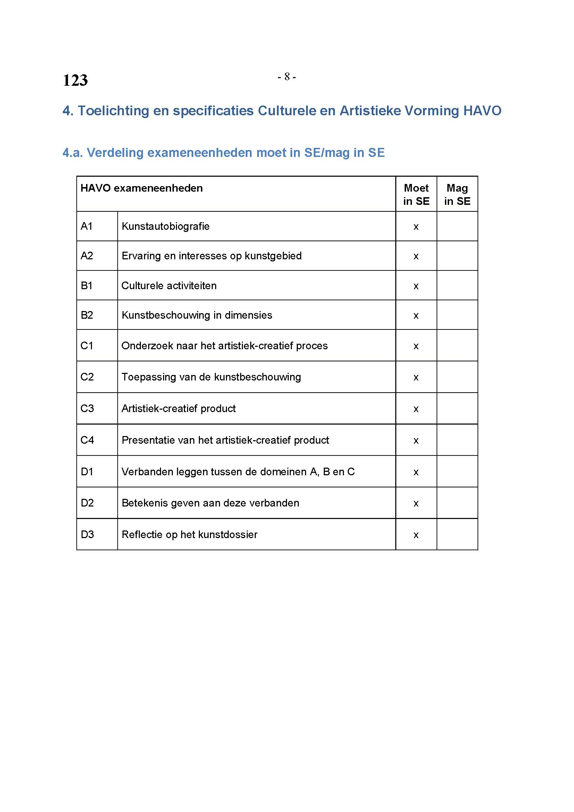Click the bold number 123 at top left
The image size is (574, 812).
(75, 80)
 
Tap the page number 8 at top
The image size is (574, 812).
(287, 76)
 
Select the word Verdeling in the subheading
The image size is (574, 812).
(115, 152)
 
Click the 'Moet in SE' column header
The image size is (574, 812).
(416, 194)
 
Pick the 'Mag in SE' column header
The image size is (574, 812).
(457, 194)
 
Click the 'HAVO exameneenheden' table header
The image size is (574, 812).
(141, 188)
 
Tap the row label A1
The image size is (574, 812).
(87, 226)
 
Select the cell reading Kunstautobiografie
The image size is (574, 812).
(166, 226)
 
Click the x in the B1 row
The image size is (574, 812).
(416, 286)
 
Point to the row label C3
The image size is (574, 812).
(87, 409)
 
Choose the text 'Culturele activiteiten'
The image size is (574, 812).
(169, 286)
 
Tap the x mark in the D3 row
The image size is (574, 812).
(416, 535)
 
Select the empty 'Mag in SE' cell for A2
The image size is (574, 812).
(457, 256)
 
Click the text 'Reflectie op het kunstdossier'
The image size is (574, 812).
(189, 534)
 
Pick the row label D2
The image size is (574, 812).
(87, 503)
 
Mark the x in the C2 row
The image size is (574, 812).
(416, 378)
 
